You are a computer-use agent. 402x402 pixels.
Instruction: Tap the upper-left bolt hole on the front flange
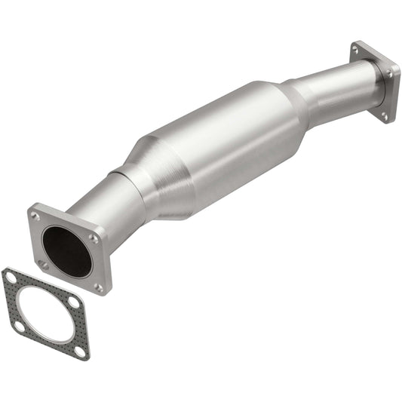pyautogui.click(x=35, y=216)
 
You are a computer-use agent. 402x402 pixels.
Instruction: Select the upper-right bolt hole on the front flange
pyautogui.click(x=93, y=238)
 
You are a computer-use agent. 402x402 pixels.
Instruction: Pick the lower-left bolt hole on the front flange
pyautogui.click(x=44, y=265)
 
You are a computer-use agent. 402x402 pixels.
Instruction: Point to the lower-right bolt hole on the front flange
pyautogui.click(x=98, y=287)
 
